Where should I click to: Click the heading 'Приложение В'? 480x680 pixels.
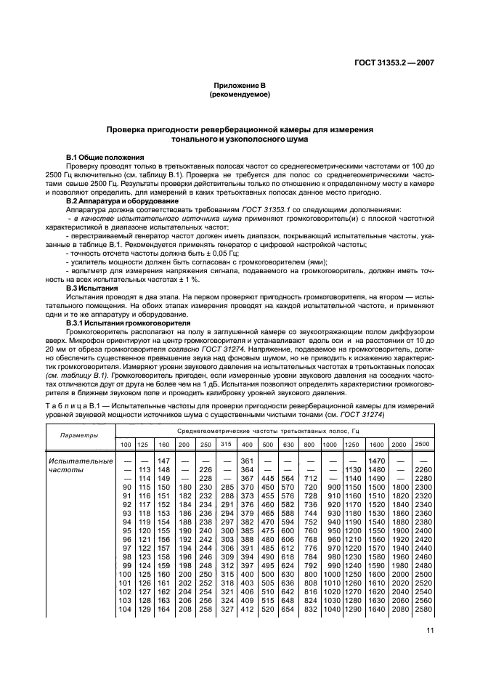(x=240, y=86)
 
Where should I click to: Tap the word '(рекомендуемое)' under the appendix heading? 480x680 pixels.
(x=240, y=94)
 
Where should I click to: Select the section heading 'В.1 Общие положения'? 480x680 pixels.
(x=105, y=158)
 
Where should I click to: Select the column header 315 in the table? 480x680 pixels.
(x=226, y=444)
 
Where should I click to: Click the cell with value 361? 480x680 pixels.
(x=247, y=461)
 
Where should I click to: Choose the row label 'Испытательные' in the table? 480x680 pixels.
(x=80, y=461)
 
